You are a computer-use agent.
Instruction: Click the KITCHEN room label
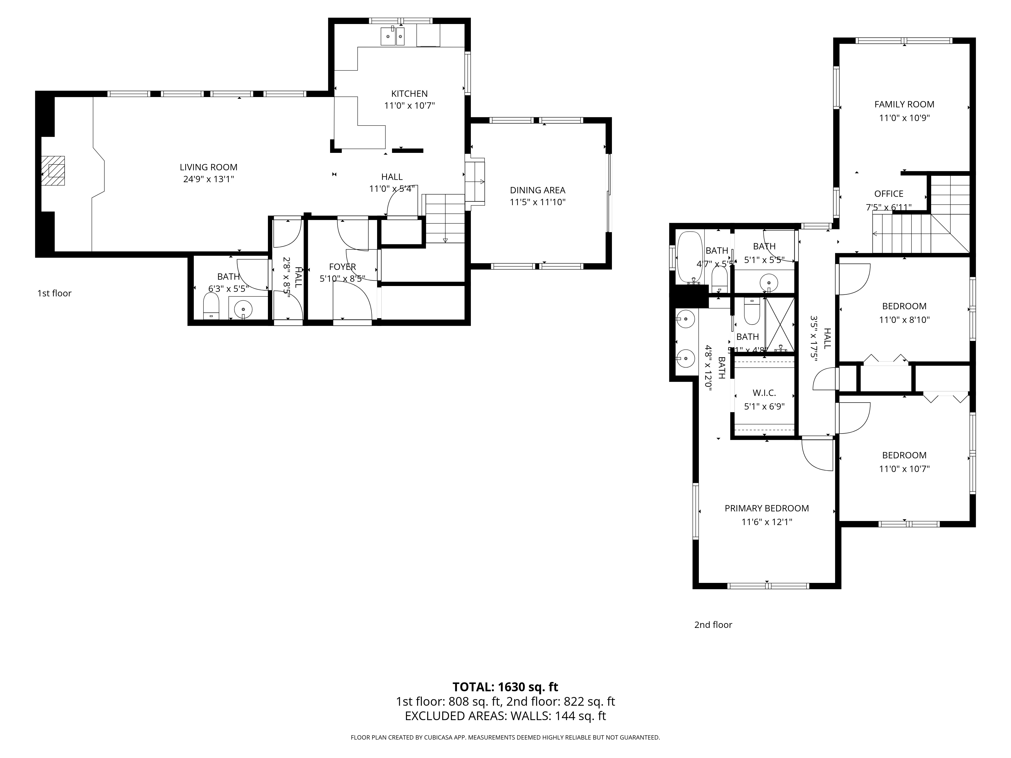pos(409,94)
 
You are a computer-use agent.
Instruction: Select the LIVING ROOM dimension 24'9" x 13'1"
pos(209,179)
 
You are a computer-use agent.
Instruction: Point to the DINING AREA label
pos(538,190)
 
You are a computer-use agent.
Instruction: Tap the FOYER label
pos(342,267)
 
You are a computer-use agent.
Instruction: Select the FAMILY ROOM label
pos(904,104)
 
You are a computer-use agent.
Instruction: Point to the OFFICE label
pos(888,194)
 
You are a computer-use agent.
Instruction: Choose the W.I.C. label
pos(764,393)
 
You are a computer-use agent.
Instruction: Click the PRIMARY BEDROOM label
pos(767,508)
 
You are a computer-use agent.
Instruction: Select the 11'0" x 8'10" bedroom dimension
pos(904,320)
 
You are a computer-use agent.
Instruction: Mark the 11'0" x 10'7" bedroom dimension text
pos(904,469)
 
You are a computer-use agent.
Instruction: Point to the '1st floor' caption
pos(54,293)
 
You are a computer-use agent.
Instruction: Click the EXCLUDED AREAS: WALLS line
pos(505,716)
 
